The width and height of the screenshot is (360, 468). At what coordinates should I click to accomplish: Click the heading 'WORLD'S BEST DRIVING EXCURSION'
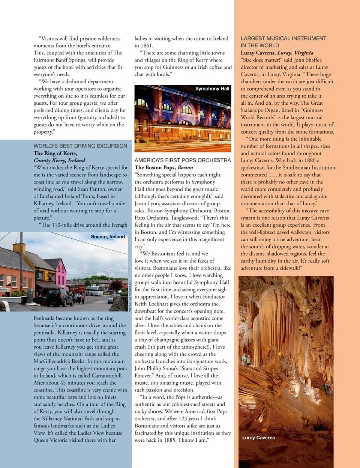80,146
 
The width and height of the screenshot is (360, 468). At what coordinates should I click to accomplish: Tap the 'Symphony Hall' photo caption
212,89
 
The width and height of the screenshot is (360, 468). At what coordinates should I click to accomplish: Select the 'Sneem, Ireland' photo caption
108,237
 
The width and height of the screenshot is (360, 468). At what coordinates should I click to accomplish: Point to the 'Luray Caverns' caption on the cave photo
258,438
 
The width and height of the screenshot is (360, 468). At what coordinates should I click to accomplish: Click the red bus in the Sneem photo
77,288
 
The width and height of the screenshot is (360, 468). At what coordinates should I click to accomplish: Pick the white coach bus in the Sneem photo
94,291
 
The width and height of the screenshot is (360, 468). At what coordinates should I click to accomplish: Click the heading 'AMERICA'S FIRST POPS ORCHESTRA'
183,160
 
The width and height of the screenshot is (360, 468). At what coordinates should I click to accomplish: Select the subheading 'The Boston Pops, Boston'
163,167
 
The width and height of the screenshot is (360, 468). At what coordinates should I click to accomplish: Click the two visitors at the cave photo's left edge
246,360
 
